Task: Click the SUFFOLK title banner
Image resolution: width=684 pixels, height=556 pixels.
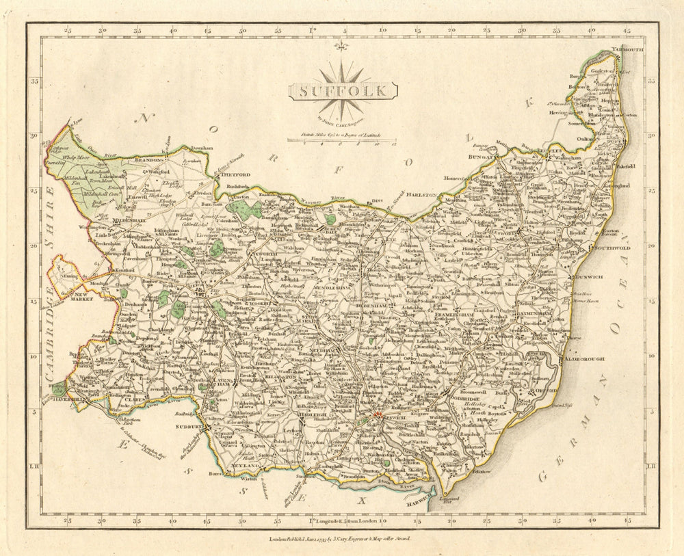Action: click(x=343, y=90)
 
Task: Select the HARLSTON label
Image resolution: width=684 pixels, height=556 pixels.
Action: click(x=422, y=195)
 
